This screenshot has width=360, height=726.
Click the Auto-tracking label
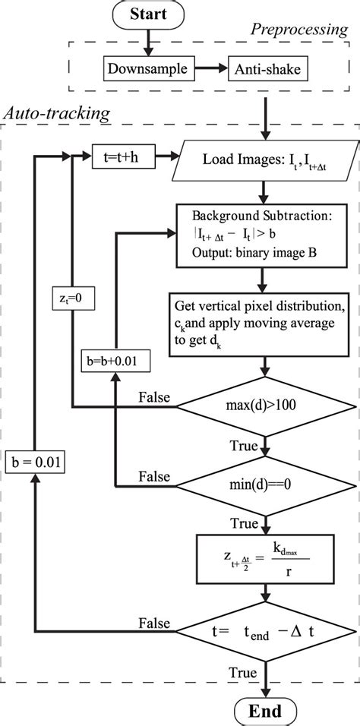click(x=57, y=114)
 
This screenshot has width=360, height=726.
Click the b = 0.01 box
click(x=35, y=461)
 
